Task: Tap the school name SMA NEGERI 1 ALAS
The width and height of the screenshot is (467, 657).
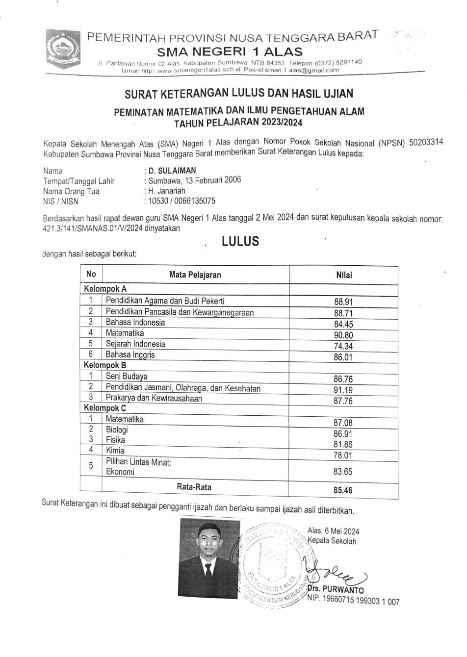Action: click(230, 51)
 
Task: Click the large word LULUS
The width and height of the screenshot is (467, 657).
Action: click(240, 241)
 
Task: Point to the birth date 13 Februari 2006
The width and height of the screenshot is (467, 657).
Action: click(212, 180)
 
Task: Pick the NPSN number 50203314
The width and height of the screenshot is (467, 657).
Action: click(426, 142)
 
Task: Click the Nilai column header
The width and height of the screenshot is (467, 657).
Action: click(344, 275)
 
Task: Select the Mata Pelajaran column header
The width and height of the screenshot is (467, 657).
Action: click(195, 275)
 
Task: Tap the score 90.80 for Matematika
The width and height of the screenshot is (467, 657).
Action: click(343, 335)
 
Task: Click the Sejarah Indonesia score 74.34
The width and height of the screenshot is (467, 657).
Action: click(343, 346)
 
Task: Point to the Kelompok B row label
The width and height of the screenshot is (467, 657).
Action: click(105, 365)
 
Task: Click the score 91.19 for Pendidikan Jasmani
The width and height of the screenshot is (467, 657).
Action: click(343, 390)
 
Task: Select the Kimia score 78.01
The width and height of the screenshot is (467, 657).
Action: click(343, 455)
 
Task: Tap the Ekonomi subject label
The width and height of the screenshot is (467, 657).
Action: click(120, 472)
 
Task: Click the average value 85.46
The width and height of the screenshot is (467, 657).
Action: click(343, 490)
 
